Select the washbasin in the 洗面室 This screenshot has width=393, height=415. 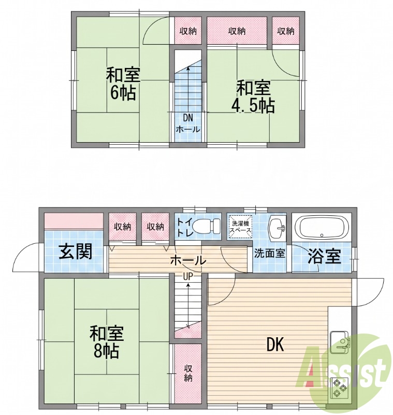click(277, 228)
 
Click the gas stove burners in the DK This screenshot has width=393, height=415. click(339, 388)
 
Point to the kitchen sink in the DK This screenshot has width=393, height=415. click(339, 342)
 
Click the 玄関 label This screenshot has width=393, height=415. click(75, 252)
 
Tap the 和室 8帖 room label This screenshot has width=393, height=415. click(107, 342)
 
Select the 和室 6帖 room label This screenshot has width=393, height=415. click(123, 84)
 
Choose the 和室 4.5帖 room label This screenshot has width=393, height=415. click(253, 97)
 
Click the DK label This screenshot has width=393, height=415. click(275, 345)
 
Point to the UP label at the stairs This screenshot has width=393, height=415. click(188, 277)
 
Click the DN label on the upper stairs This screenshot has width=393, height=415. click(188, 118)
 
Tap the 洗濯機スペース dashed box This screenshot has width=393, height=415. click(240, 227)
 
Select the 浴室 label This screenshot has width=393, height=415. click(324, 256)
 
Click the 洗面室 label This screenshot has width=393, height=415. click(270, 253)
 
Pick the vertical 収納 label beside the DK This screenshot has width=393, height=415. click(188, 373)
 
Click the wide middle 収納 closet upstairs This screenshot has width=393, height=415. click(237, 31)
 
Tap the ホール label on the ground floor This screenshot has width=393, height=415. click(188, 261)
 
